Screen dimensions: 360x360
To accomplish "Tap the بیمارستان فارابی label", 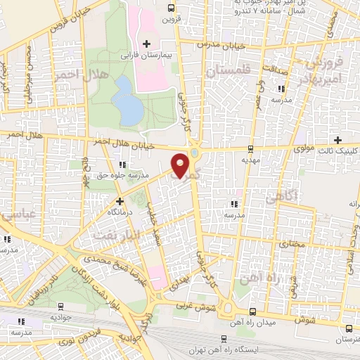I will [x=146, y=55].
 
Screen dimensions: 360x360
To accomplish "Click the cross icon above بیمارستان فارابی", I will [x=146, y=44].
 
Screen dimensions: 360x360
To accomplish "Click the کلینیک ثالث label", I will [x=339, y=150].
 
